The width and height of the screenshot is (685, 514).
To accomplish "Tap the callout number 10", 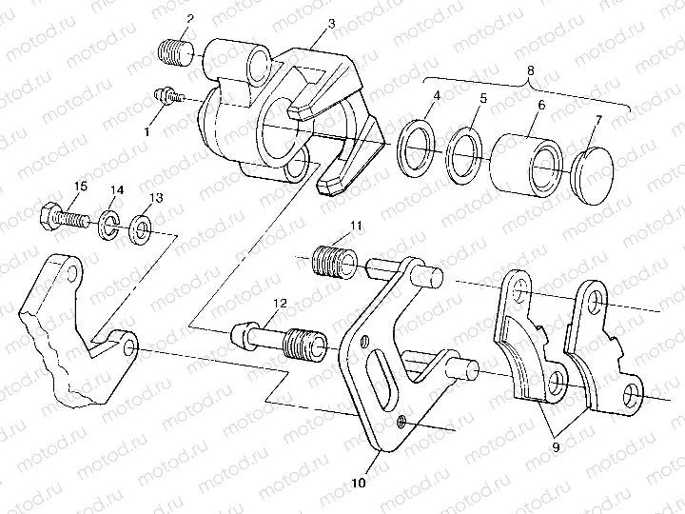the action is (x=358, y=483).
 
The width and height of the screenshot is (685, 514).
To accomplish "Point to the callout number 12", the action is (x=279, y=305).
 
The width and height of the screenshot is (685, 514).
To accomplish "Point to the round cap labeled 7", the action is (x=596, y=173).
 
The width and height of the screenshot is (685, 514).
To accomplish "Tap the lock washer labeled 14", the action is (x=109, y=225).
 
